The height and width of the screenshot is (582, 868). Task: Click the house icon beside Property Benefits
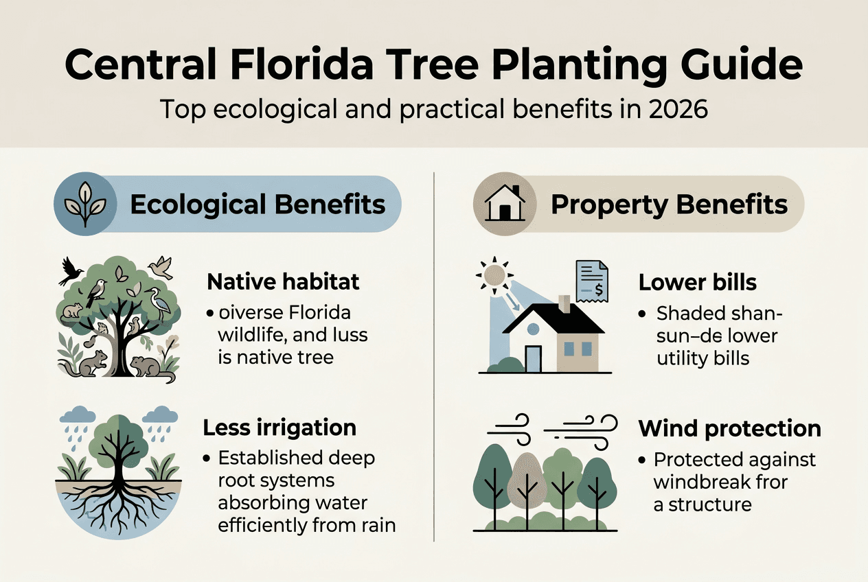click(x=505, y=204)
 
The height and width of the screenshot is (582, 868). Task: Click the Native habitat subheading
click(x=284, y=281)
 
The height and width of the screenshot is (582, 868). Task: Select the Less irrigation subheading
click(x=279, y=428)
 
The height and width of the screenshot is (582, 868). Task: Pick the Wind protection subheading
click(x=729, y=428)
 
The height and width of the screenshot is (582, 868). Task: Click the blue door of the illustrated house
click(x=533, y=358)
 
